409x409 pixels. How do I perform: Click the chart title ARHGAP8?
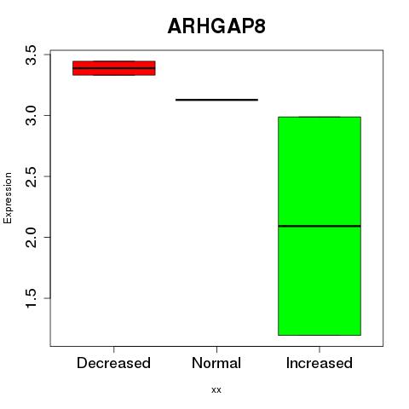pyautogui.click(x=216, y=26)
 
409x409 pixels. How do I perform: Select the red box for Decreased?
pyautogui.click(x=114, y=68)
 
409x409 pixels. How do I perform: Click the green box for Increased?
pyautogui.click(x=320, y=226)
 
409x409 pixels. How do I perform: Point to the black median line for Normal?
pyautogui.click(x=216, y=100)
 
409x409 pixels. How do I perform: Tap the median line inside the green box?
pyautogui.click(x=320, y=226)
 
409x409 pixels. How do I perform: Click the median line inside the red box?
pyautogui.click(x=114, y=68)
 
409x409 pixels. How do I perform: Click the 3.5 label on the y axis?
pyautogui.click(x=32, y=55)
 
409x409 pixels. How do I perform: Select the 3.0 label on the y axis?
pyautogui.click(x=32, y=116)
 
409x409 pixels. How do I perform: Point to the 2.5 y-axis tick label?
pyautogui.click(x=32, y=176)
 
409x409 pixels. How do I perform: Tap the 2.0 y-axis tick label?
pyautogui.click(x=32, y=238)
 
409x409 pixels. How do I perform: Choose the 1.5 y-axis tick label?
pyautogui.click(x=32, y=298)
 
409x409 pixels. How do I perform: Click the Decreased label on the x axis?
pyautogui.click(x=113, y=363)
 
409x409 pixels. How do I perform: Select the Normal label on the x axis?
pyautogui.click(x=216, y=363)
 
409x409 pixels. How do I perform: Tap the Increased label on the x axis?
pyautogui.click(x=320, y=363)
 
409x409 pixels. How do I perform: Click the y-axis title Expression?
pyautogui.click(x=8, y=198)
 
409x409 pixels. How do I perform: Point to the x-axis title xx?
pyautogui.click(x=216, y=390)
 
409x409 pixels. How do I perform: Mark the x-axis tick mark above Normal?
pyautogui.click(x=216, y=349)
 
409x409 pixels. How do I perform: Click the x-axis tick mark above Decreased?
pyautogui.click(x=114, y=349)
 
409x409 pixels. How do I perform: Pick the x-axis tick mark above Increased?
pyautogui.click(x=320, y=349)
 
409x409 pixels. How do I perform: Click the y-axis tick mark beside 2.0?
pyautogui.click(x=48, y=237)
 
